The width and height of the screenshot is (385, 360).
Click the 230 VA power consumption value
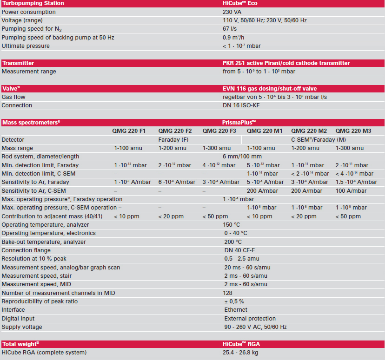(232, 12)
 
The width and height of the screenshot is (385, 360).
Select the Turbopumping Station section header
(33, 3)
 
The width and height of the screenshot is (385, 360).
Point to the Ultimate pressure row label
(26, 46)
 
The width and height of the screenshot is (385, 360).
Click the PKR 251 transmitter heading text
(286, 63)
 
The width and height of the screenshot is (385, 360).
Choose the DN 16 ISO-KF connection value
(243, 105)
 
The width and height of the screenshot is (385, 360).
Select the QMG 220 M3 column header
(353, 131)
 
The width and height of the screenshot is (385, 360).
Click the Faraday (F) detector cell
(173, 139)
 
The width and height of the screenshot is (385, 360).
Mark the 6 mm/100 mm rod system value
(242, 157)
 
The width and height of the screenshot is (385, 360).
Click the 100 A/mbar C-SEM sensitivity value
(351, 190)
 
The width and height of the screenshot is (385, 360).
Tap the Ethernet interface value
(236, 310)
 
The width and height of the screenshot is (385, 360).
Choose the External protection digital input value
(250, 319)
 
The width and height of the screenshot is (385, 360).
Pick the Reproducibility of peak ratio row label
(40, 301)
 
